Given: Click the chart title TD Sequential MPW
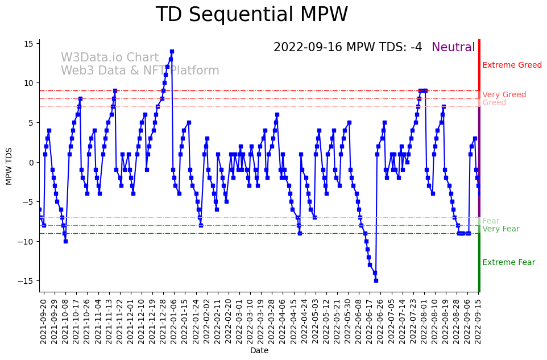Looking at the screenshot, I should point(251,15).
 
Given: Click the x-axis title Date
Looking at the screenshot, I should point(259,351).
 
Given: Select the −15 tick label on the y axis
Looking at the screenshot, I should point(26,281).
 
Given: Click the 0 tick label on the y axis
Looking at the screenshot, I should point(32,162).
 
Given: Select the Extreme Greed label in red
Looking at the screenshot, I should point(512,65).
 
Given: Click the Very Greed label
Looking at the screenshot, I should point(504,95).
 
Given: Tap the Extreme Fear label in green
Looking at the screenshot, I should point(508,263).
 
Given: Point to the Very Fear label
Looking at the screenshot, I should point(500,229).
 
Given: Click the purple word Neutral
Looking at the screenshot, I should point(453,48).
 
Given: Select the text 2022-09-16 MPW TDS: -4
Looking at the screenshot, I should point(347,48).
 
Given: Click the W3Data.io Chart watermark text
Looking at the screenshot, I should point(110,58).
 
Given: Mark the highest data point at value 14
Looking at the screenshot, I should point(172,51).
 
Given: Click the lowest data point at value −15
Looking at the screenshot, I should point(376,280).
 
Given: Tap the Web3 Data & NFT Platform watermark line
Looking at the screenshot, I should point(140,71).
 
